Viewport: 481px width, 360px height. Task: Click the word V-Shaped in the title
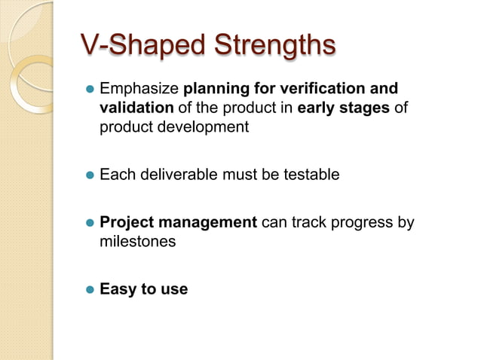point(134,44)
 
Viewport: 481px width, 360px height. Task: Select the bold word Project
point(126,223)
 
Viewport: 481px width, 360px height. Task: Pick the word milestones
point(137,242)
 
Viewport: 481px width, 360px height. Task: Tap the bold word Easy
point(117,289)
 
